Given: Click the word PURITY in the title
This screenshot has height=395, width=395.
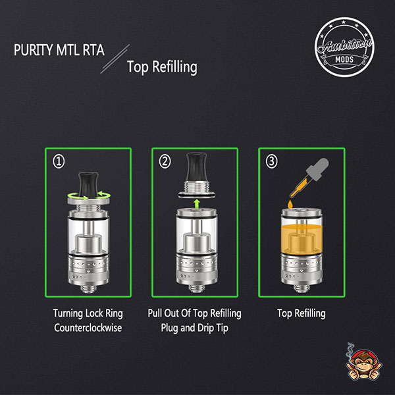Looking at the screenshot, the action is (x=34, y=50).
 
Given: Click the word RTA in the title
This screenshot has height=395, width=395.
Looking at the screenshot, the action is (x=93, y=50).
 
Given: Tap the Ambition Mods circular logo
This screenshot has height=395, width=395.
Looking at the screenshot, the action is (x=344, y=47).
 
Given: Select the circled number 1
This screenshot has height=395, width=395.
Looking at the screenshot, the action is (x=59, y=161).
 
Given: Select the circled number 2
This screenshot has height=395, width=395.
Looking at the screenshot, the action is (x=165, y=161).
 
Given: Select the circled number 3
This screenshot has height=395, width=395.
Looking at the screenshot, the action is (x=272, y=161).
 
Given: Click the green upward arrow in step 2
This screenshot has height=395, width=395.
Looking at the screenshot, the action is (x=197, y=203).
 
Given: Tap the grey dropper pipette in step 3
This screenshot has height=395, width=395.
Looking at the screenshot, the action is (x=309, y=177).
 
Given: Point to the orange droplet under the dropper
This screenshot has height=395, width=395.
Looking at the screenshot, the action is (x=290, y=204).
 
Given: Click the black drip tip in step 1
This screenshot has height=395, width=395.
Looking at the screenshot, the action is (x=88, y=185).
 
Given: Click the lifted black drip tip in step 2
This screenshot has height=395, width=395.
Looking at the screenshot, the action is (x=196, y=167).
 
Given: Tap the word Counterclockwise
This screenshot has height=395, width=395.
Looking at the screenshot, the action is (x=88, y=328).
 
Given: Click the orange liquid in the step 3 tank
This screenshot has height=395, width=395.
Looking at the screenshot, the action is (x=302, y=239).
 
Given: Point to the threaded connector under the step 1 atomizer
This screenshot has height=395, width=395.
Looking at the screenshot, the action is (x=88, y=289).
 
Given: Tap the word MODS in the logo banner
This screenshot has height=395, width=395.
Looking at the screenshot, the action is (x=344, y=60).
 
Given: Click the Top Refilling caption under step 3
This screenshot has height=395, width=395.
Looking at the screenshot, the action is (x=302, y=313).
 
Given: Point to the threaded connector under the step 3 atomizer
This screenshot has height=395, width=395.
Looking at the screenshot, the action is (x=302, y=289).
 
